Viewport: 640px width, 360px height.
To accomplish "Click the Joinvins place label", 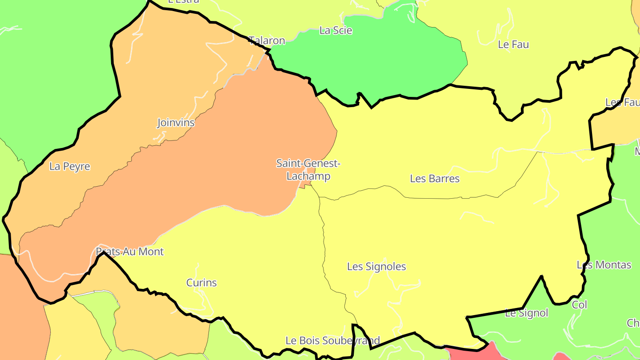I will (x=176, y=122).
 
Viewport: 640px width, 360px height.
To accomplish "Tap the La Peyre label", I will (x=70, y=167).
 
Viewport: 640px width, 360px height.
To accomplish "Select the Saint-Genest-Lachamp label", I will (x=308, y=170).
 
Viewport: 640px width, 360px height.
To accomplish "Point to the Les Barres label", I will (x=435, y=179).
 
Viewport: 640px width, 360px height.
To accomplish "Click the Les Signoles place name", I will (x=376, y=267).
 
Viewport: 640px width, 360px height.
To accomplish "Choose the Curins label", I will (x=201, y=283).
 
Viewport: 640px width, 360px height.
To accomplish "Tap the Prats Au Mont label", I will (x=130, y=252).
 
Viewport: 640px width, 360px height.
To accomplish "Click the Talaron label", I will (x=267, y=41).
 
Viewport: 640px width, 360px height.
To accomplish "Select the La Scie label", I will (x=336, y=31).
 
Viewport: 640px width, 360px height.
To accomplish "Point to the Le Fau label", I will (x=513, y=44).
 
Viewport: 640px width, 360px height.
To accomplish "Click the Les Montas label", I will (x=604, y=265).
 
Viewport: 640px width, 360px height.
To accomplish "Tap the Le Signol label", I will (x=527, y=313).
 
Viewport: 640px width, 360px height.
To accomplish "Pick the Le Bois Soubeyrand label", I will (x=332, y=341).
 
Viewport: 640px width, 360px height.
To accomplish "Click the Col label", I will (x=580, y=305).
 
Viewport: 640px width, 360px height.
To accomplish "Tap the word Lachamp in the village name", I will (x=308, y=176).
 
